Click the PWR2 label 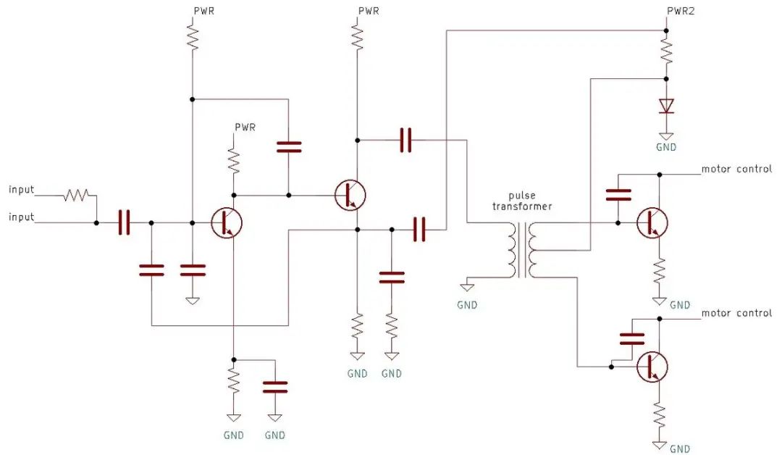[680, 11]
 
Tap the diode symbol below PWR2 [666, 107]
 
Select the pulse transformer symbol [521, 249]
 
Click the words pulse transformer [522, 201]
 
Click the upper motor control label [736, 169]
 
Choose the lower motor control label [736, 313]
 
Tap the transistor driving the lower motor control [652, 367]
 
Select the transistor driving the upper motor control [652, 222]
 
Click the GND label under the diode [666, 147]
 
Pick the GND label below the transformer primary [467, 305]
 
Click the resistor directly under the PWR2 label [666, 51]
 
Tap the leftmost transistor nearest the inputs [227, 223]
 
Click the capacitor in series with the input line [125, 222]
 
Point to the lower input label [22, 217]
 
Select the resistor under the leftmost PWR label [193, 38]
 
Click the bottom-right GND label [680, 449]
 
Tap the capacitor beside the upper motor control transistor [618, 195]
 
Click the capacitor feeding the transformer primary [406, 140]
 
